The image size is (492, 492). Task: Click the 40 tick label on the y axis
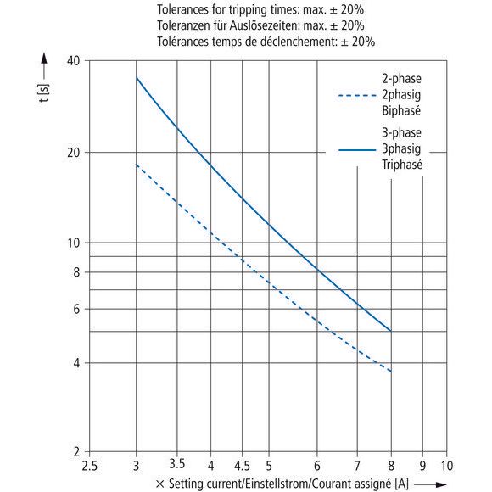click(x=74, y=60)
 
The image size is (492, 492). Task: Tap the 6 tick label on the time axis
click(x=76, y=309)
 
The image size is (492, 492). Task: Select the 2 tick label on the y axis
click(x=77, y=452)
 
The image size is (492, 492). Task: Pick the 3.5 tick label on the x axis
click(x=177, y=464)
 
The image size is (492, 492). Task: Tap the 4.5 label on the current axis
click(x=242, y=466)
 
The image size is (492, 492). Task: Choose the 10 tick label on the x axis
click(x=447, y=466)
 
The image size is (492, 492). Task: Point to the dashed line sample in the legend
click(x=357, y=95)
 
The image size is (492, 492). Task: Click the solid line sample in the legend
click(x=357, y=150)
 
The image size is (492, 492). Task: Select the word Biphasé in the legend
click(x=401, y=111)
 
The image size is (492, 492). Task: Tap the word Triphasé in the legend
click(x=402, y=165)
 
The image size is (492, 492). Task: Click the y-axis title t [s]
click(x=43, y=93)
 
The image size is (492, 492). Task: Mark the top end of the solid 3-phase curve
click(x=137, y=77)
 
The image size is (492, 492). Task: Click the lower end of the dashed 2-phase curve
click(x=391, y=372)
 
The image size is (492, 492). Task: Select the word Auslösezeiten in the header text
click(x=266, y=25)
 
